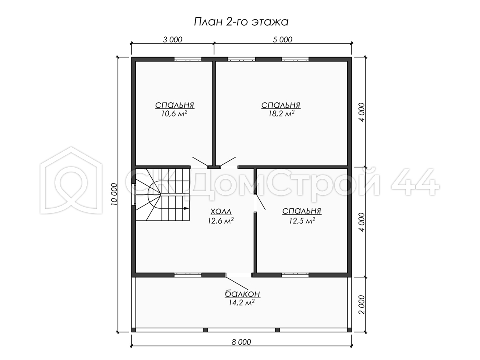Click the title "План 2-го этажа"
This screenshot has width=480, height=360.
pos(241,22)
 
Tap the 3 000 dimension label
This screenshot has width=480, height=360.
pos(172,40)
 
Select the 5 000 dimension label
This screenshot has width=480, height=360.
pos(282,40)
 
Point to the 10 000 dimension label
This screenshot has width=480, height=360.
pos(114,194)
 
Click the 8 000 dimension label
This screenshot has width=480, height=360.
pos(242,342)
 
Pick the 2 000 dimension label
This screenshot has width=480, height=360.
pos(362,305)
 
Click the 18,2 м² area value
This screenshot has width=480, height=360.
pos(282,114)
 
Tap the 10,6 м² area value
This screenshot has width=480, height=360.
pos(174,114)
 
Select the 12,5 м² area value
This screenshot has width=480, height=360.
pos(302,221)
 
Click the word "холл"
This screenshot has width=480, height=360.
pos(221,212)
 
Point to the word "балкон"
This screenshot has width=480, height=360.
pos(242,294)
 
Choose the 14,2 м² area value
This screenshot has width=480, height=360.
pos(242,303)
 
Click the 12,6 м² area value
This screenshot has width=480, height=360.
pos(221,221)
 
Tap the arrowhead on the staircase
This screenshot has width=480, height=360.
pos(186,208)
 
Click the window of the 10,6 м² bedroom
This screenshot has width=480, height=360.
pos(188,59)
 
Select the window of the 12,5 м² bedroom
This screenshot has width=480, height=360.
pos(295,275)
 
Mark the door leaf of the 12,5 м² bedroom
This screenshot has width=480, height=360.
pos(260,202)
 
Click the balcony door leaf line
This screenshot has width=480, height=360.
pos(237,283)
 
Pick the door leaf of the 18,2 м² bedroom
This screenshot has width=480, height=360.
pos(228,162)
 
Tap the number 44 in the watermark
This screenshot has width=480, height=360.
pos(415,182)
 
